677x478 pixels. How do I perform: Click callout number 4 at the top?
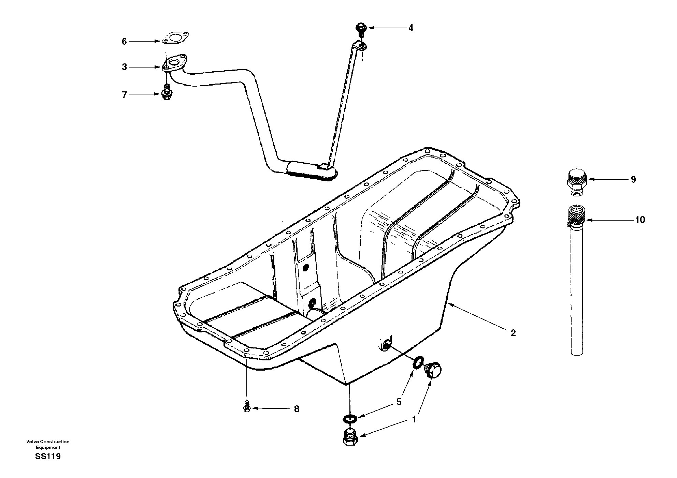411,28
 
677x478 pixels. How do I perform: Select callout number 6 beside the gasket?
124,42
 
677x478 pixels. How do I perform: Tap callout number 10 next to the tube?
640,220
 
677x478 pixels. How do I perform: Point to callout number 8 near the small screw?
297,409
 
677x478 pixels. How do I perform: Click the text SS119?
48,457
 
